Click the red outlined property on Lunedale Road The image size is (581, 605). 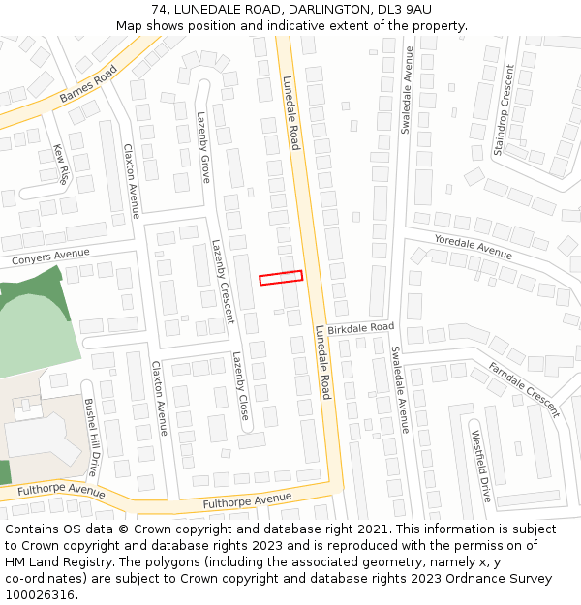pyautogui.click(x=281, y=278)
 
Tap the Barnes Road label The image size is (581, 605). pyautogui.click(x=88, y=83)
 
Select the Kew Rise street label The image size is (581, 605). pyautogui.click(x=60, y=165)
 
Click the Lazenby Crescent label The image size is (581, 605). pyautogui.click(x=223, y=281)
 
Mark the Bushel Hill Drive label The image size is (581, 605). pyautogui.click(x=91, y=437)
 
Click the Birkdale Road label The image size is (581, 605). pyautogui.click(x=360, y=329)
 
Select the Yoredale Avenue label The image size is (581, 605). pyautogui.click(x=473, y=247)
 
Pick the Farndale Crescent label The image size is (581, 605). pyautogui.click(x=524, y=389)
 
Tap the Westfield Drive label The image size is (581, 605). pyautogui.click(x=481, y=468)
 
